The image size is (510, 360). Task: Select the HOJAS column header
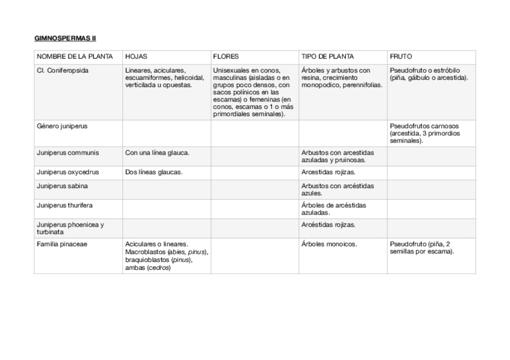(x=136, y=56)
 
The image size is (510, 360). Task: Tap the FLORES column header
(x=226, y=56)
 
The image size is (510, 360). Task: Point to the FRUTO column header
(x=401, y=56)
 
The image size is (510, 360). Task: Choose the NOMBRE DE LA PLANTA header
(x=75, y=56)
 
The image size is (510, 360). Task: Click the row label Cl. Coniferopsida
(x=63, y=70)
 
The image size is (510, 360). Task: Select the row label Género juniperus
(x=62, y=126)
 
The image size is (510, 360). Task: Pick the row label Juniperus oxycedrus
(x=68, y=172)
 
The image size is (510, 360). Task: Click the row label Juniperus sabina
(x=63, y=186)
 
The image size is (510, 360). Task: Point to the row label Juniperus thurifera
(x=64, y=206)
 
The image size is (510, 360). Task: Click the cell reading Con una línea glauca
(x=158, y=153)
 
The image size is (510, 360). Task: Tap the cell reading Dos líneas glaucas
(x=154, y=172)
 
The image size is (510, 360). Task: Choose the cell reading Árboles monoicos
(x=329, y=244)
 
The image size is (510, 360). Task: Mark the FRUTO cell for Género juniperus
(x=424, y=133)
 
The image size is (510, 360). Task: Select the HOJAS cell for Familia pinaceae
(x=167, y=256)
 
